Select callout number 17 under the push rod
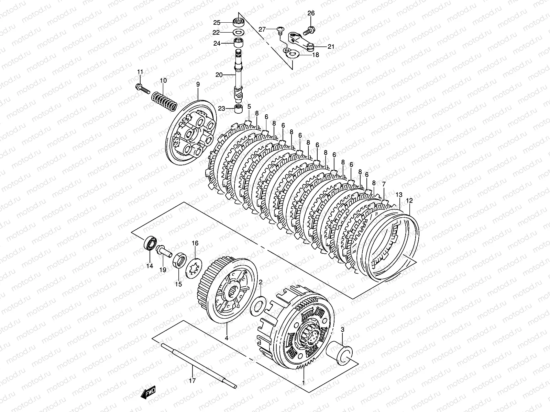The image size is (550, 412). (192, 380)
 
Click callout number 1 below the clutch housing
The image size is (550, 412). (304, 382)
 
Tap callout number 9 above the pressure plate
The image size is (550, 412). (198, 84)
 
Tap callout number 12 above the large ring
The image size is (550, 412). (409, 200)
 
